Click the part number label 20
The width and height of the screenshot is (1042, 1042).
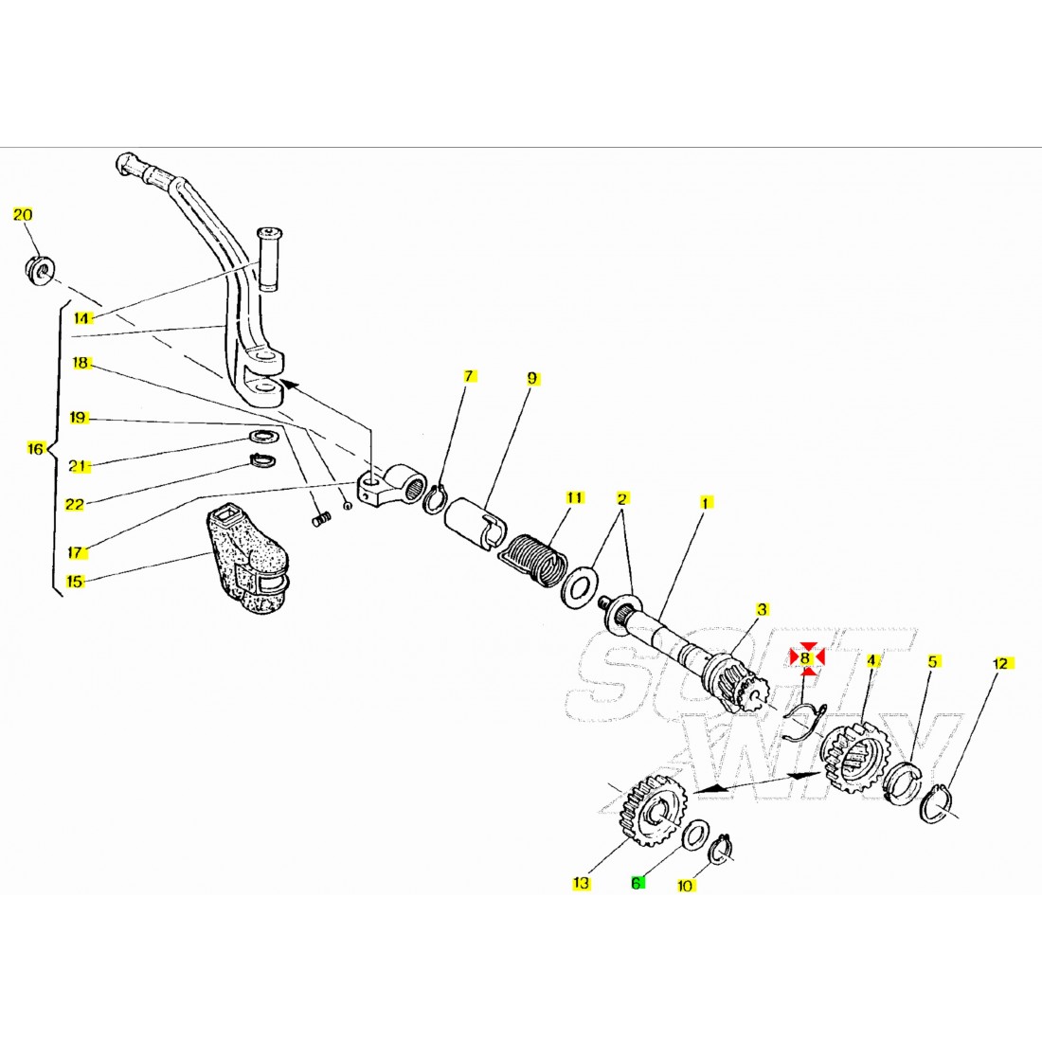click(23, 215)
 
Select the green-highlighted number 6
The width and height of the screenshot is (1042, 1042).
click(638, 883)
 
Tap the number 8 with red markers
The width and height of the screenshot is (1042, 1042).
click(806, 656)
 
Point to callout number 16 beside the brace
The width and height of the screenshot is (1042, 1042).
click(35, 448)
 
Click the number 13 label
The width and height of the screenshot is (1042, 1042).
click(581, 883)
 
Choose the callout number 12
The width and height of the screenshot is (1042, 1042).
click(1001, 664)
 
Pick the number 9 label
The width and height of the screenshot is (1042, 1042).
click(532, 378)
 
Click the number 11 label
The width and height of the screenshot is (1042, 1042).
click(573, 497)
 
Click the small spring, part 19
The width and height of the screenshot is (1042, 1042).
click(322, 518)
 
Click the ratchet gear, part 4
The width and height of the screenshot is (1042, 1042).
click(852, 757)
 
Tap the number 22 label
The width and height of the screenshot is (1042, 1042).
click(75, 505)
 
